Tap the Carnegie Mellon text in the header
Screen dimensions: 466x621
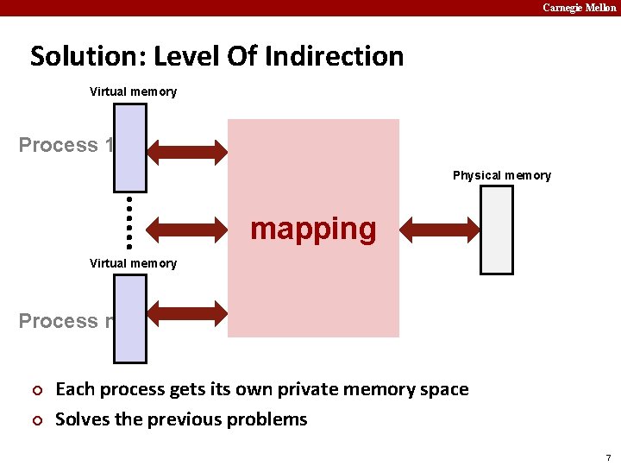pyautogui.click(x=579, y=7)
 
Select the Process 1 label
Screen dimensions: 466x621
pyautogui.click(x=66, y=145)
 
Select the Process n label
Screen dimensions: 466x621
pyautogui.click(x=66, y=321)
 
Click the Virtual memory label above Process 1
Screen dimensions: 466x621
pyautogui.click(x=133, y=91)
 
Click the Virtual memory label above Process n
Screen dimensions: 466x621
pyautogui.click(x=133, y=263)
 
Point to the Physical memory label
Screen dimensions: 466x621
pyautogui.click(x=502, y=175)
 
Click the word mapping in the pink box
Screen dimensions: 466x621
pyautogui.click(x=313, y=230)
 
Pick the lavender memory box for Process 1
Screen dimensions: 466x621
pyautogui.click(x=130, y=147)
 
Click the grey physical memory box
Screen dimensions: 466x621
pyautogui.click(x=496, y=230)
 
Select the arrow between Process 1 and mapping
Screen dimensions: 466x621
pyautogui.click(x=186, y=151)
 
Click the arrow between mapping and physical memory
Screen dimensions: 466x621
pyautogui.click(x=439, y=230)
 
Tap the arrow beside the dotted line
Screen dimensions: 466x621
pyautogui.click(x=186, y=230)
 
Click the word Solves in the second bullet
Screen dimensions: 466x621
pyautogui.click(x=81, y=419)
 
